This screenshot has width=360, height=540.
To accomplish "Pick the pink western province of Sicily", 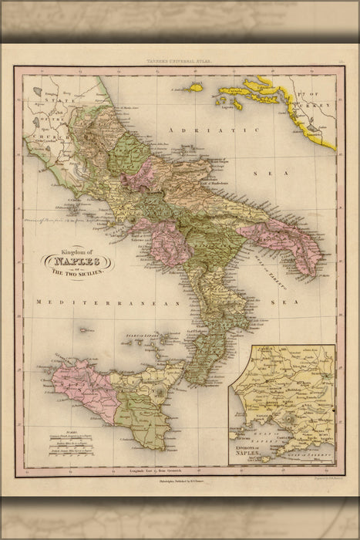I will click(73, 383).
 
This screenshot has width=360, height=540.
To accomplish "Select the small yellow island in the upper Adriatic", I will click(196, 89).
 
